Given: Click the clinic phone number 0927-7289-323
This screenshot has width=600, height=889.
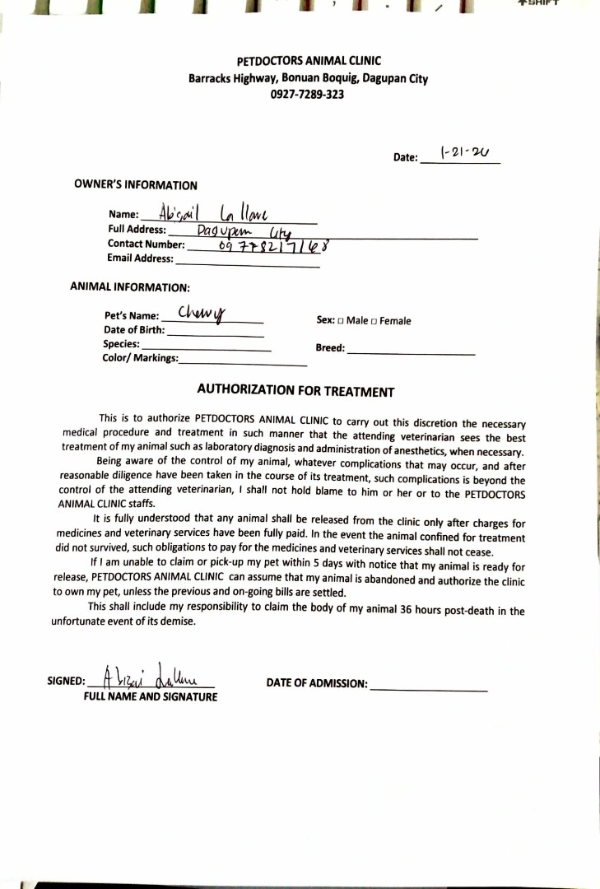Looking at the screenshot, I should (x=307, y=95).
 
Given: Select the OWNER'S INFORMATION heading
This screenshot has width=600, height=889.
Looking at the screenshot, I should (x=136, y=185).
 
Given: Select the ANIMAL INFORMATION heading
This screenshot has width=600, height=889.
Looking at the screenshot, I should (x=130, y=287).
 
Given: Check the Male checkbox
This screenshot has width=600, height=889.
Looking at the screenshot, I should (x=341, y=321).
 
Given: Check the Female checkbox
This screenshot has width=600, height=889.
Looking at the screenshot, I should (x=374, y=321).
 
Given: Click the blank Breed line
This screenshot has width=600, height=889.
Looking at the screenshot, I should (x=411, y=351).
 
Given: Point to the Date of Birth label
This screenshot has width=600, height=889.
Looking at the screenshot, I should (x=134, y=330).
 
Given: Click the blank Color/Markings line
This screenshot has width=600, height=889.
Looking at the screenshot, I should (x=242, y=361).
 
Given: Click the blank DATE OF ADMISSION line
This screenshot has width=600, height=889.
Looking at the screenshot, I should (x=429, y=687).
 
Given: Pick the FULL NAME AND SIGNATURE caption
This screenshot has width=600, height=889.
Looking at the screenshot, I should (x=151, y=697).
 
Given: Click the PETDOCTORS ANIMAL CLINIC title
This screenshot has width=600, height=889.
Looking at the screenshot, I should (x=309, y=62).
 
